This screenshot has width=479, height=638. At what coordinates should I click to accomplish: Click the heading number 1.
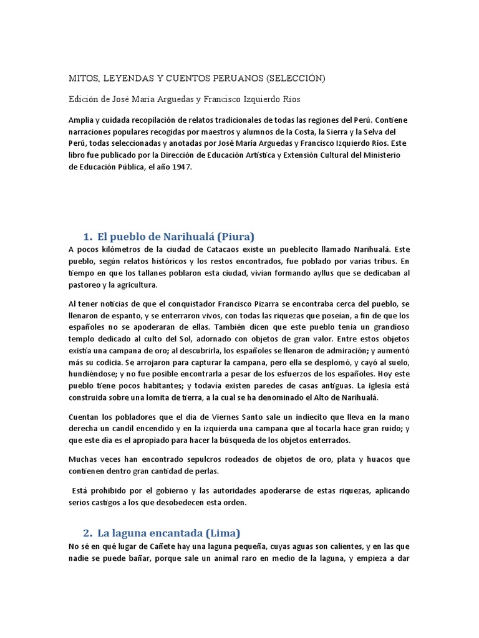coord(87,236)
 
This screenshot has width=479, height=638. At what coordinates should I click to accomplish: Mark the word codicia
coord(103,363)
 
